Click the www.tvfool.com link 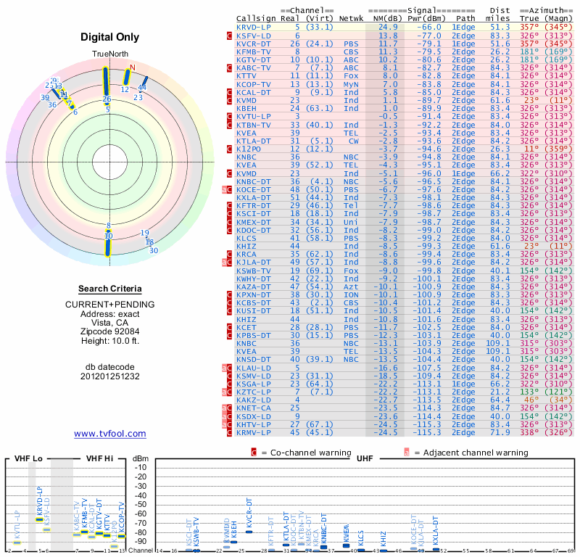pos(110,434)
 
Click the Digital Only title pos(110,37)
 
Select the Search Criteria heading pos(110,289)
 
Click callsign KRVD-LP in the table pos(254,26)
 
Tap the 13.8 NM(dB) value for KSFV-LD pos(388,35)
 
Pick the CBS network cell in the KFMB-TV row pos(351,51)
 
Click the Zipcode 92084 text pos(110,332)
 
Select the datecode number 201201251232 pos(110,376)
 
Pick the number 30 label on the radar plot pos(153,251)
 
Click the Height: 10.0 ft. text pos(110,342)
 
